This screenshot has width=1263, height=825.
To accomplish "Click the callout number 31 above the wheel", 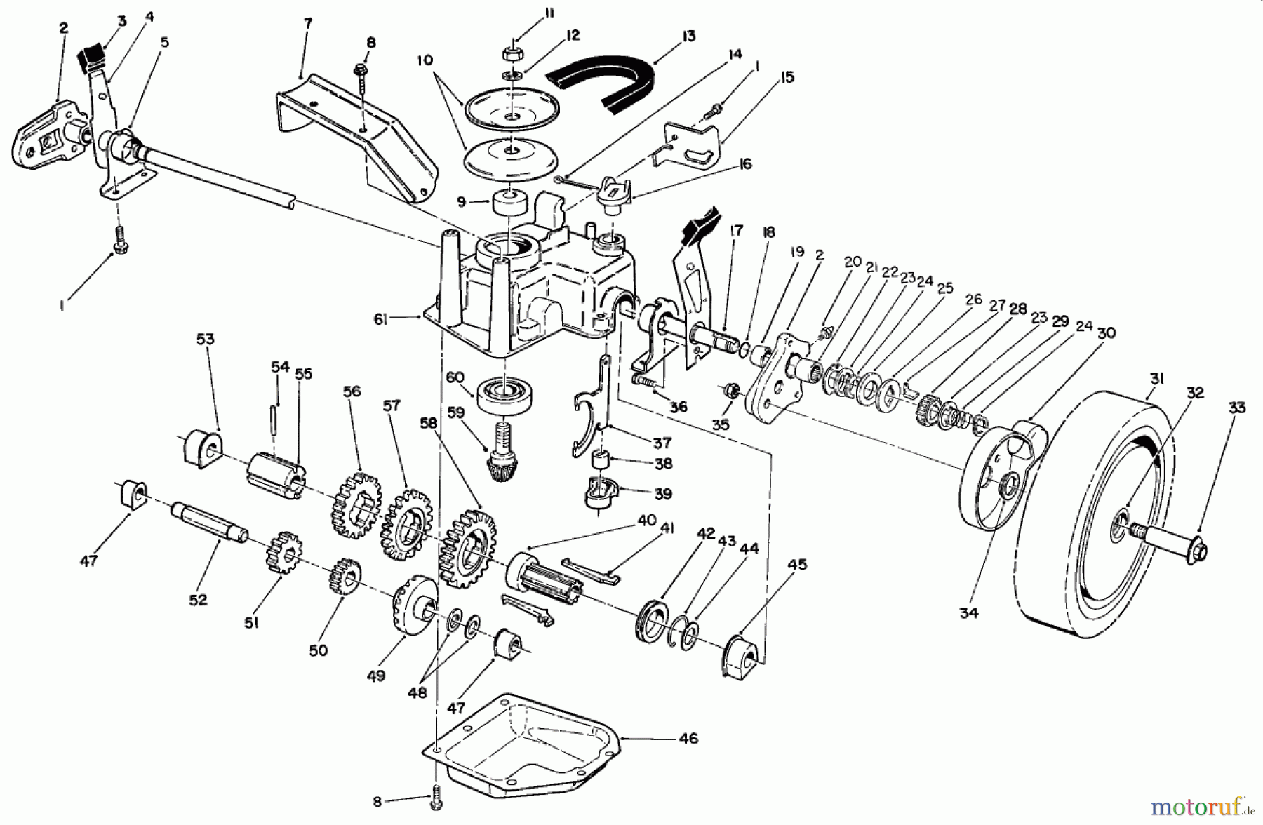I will pos(1156,380).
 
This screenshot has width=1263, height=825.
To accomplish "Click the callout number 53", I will pos(205,340).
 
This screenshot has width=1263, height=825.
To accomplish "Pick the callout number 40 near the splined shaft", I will pos(646,521).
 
